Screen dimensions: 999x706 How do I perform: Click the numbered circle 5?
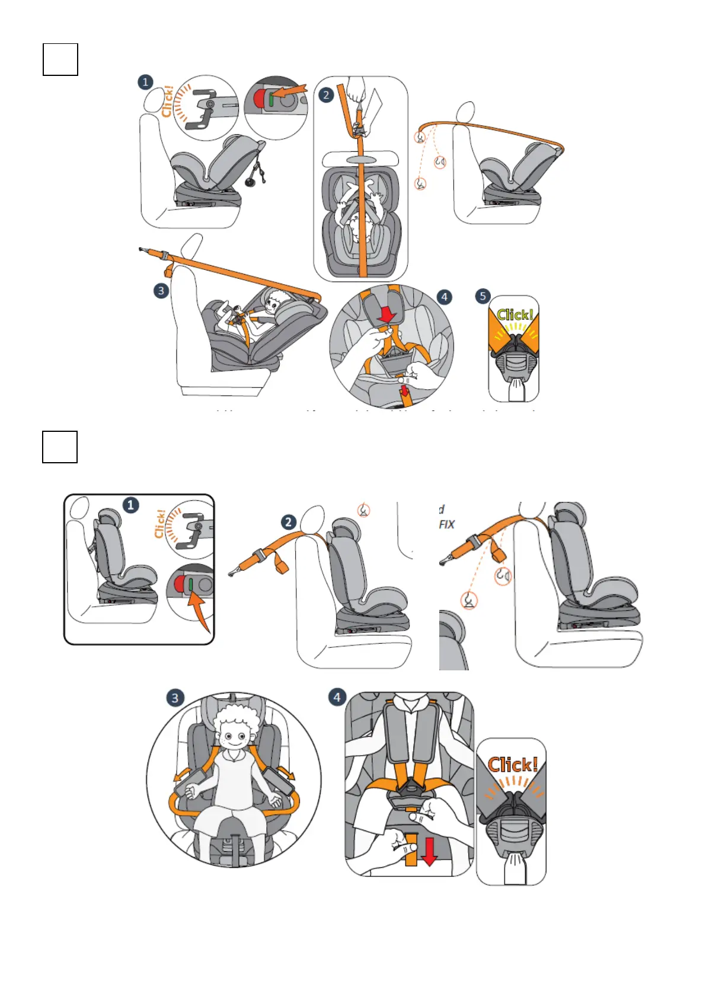click(483, 296)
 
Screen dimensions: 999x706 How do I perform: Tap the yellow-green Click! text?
click(515, 314)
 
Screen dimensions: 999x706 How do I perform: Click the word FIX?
click(447, 524)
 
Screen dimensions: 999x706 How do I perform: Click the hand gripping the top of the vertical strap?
click(356, 89)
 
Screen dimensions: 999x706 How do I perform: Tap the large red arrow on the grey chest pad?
click(386, 314)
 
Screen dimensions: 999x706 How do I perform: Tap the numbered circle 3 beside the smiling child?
click(174, 698)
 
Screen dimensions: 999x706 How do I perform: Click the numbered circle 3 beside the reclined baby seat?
click(161, 291)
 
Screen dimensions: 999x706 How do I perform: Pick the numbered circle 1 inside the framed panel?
click(130, 505)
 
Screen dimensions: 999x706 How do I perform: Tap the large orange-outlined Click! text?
click(513, 765)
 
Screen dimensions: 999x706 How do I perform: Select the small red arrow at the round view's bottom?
click(405, 391)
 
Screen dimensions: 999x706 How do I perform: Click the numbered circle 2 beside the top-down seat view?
click(325, 95)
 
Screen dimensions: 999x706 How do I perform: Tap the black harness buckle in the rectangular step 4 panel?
click(410, 791)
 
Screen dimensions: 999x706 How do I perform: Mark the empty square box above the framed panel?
click(60, 447)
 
